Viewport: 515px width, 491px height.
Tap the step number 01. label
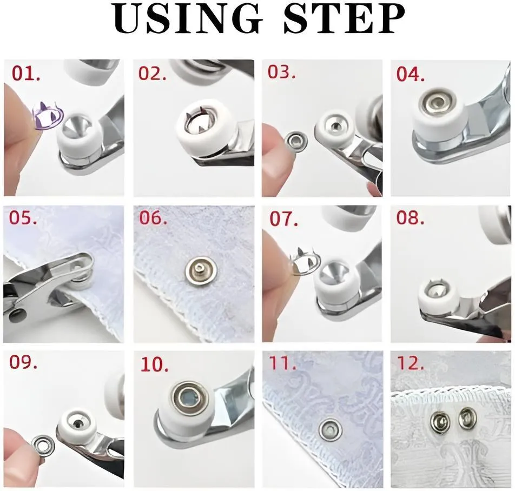click(26, 73)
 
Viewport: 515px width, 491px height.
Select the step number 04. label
click(411, 74)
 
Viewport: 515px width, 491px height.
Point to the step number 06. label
click(153, 217)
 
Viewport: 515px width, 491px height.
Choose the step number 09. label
click(23, 362)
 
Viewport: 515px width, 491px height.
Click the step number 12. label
click(410, 363)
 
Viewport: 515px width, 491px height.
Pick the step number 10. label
click(154, 364)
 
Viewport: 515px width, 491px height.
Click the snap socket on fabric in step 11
click(331, 429)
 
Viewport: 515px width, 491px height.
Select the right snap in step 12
click(468, 419)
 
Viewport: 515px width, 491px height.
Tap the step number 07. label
click(284, 218)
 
